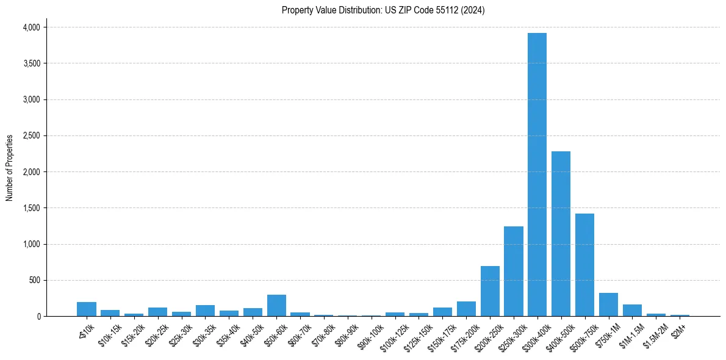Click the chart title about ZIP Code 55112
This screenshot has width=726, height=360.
(383, 10)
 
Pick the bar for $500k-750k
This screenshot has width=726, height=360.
(584, 265)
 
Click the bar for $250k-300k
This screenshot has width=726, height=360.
(513, 272)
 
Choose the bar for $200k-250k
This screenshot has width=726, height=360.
(490, 291)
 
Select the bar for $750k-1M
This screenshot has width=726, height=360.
(608, 304)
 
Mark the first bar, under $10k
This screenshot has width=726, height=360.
(87, 309)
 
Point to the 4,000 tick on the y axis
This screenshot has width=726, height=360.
(31, 27)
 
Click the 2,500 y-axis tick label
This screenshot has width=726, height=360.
(31, 136)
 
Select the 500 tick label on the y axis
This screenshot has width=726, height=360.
(34, 281)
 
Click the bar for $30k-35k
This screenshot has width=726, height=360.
(205, 311)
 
